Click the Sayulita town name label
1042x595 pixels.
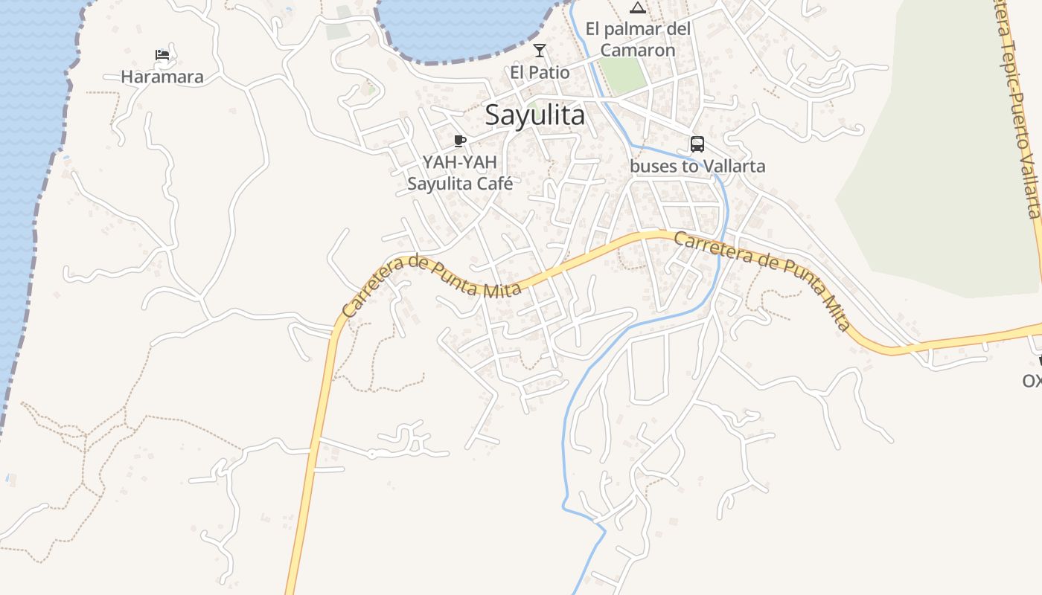[534, 115]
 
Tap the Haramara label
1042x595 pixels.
[162, 77]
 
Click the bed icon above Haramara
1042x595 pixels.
[162, 54]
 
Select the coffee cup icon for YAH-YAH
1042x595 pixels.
[460, 141]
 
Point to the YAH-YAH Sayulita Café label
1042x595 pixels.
[460, 173]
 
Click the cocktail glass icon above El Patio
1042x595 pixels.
[540, 51]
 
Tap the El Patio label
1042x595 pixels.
[540, 72]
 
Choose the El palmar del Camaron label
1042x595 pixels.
[638, 39]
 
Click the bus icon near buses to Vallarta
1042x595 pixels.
[697, 144]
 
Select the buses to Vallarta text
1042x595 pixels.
[697, 166]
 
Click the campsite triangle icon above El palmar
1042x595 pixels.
[637, 8]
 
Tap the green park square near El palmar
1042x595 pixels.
[622, 74]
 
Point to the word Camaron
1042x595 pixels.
[638, 50]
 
